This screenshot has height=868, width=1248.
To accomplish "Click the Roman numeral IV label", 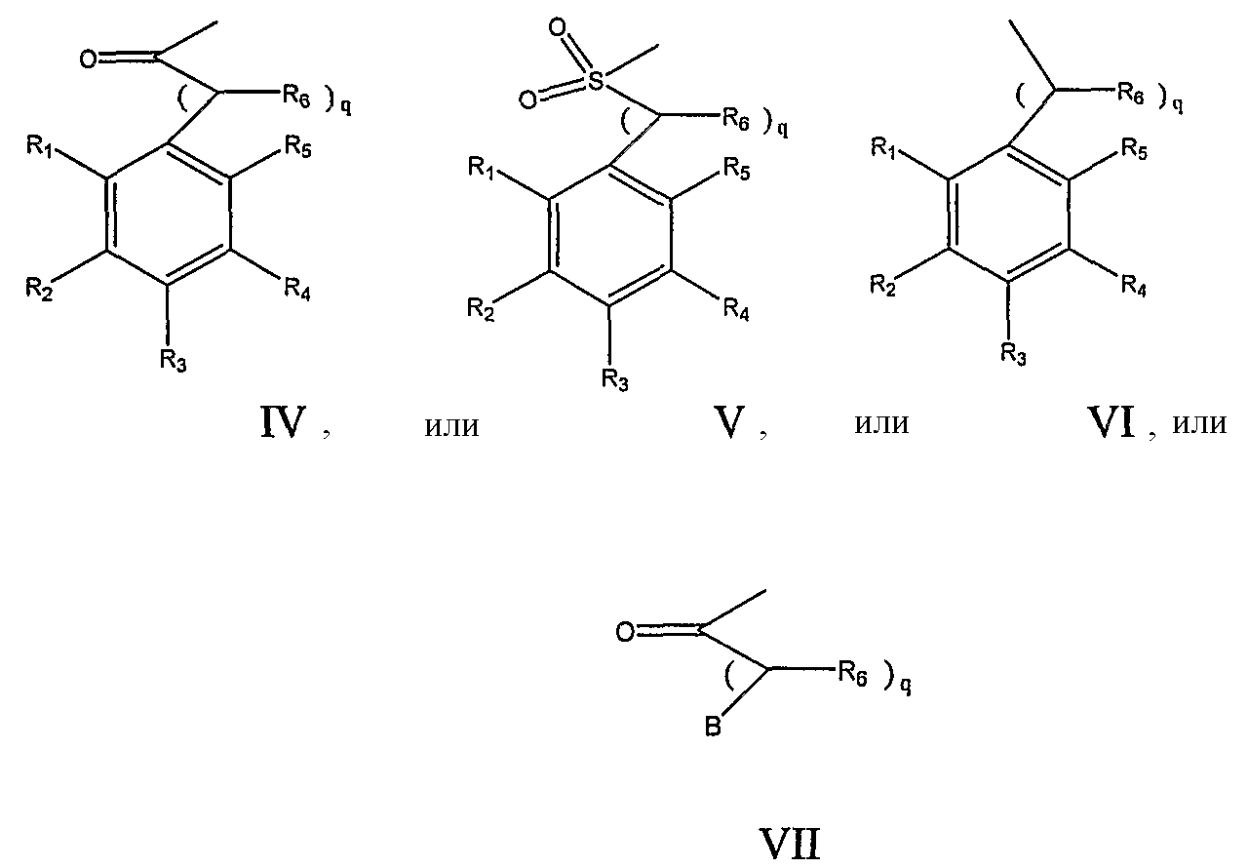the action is [x=284, y=423].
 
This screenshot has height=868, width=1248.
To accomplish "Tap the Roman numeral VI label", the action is [x=1111, y=422].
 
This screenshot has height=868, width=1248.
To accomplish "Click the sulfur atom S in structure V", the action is [x=596, y=81].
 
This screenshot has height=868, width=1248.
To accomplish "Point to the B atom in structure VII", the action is [x=713, y=727].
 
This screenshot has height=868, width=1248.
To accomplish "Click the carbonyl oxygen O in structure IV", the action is [x=89, y=59].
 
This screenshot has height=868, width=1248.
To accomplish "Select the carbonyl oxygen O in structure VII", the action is [x=625, y=632].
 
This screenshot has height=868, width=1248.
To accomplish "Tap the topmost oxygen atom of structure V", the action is [x=557, y=27].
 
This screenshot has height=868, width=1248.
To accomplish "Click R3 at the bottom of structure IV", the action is [x=173, y=360].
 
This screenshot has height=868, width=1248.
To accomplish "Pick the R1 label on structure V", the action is [x=482, y=168].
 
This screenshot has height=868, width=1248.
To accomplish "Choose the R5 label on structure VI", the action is [x=1135, y=149].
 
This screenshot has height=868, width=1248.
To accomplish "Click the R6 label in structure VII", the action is [x=852, y=675].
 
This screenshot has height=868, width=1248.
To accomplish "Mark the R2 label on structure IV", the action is [x=39, y=289].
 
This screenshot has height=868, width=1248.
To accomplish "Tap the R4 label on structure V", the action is [x=736, y=310].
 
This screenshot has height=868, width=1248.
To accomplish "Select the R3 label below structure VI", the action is [x=1013, y=354].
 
